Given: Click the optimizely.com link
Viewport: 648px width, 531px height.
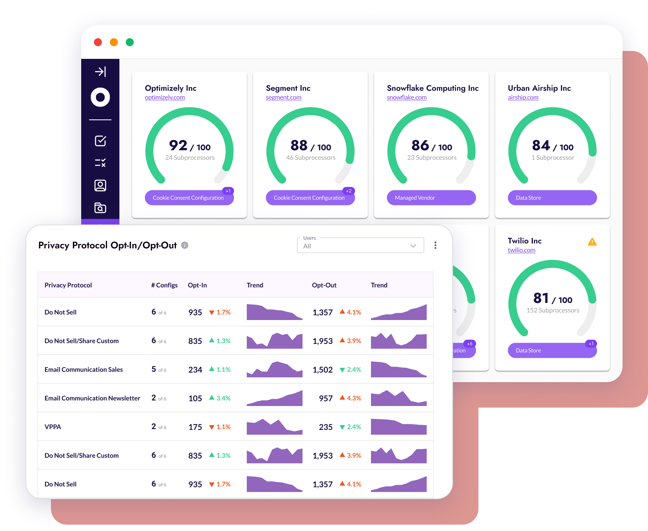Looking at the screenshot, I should coord(165,98).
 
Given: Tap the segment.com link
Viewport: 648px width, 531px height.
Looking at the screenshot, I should coord(283,98).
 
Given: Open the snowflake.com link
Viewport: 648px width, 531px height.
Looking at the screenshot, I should coord(406,98).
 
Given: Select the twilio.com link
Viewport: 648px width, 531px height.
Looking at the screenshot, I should coord(521,250).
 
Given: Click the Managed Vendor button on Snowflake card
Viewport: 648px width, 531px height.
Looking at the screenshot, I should coord(431,198).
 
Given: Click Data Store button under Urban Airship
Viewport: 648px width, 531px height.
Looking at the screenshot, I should coord(552,198).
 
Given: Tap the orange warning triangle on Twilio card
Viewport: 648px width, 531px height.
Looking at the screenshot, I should coord(592,242).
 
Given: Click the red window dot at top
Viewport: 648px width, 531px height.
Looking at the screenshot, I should coord(98,42).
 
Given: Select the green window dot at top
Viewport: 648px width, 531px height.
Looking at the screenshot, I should coord(130,42).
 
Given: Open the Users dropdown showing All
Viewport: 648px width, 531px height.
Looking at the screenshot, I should coord(360,246).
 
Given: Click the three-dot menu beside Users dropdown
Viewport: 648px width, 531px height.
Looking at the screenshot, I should coord(435,245).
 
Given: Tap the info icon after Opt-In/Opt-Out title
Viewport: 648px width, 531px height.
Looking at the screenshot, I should coord(185,245).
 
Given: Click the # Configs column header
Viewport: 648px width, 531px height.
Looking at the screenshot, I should coord(164,285).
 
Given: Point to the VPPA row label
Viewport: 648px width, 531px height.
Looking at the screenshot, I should coord(53,427).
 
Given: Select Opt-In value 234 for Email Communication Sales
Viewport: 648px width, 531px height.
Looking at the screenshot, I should coord(195,370).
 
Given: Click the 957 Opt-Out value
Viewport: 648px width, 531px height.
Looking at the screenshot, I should coord(326,398).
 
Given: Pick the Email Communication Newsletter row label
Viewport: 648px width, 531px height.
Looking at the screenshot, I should coord(92,398).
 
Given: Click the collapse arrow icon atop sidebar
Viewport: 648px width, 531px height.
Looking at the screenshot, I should coord(100,72).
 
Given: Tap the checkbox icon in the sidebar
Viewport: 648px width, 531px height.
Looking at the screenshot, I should coord(100,141).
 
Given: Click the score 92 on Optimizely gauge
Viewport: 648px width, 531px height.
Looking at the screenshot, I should coord(178,146).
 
